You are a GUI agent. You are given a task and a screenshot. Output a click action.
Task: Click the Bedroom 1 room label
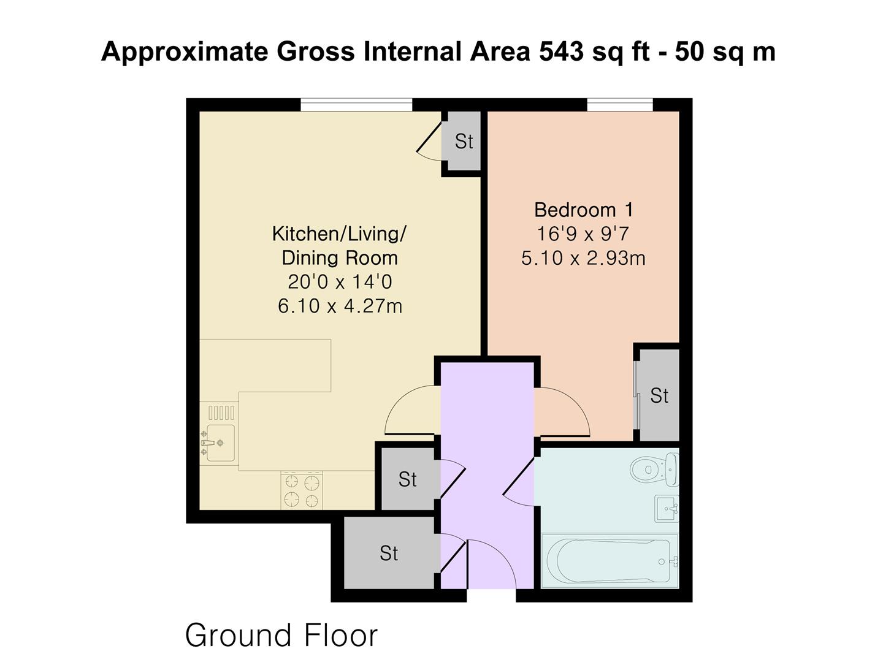583,210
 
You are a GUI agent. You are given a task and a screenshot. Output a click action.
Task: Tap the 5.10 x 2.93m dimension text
583,258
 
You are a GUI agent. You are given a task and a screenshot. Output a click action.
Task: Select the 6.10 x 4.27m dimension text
340,306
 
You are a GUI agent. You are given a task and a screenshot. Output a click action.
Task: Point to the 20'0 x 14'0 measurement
340,282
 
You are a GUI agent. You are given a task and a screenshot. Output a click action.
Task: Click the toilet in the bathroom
654,470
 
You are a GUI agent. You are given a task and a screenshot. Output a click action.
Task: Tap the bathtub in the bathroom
610,561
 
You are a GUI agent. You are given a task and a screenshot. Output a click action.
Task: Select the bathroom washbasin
667,509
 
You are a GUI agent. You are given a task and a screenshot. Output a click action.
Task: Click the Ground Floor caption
281,635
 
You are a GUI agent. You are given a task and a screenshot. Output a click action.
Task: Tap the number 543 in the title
561,51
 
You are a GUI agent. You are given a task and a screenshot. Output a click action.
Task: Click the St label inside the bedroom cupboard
659,396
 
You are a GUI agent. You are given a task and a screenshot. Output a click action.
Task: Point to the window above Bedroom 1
619,104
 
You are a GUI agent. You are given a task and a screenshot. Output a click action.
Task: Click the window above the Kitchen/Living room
356,104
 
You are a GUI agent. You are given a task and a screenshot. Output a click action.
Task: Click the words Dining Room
340,258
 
